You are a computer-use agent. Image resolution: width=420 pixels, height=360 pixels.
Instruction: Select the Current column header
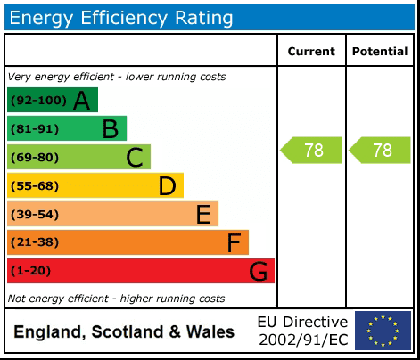click(x=311, y=52)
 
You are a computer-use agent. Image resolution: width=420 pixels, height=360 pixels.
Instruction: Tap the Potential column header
click(x=379, y=52)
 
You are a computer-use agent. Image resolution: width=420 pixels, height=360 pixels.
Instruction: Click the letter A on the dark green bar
click(x=81, y=101)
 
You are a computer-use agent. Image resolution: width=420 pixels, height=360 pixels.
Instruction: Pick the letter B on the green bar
click(x=110, y=129)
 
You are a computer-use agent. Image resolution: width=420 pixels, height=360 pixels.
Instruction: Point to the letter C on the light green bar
click(x=135, y=158)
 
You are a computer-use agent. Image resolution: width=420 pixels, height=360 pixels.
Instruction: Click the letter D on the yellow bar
click(x=167, y=186)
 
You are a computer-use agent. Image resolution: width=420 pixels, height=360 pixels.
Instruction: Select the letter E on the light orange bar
click(x=203, y=215)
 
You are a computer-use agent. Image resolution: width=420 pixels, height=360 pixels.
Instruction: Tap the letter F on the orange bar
click(x=234, y=243)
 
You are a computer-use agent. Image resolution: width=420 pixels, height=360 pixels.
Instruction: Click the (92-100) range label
click(x=38, y=101)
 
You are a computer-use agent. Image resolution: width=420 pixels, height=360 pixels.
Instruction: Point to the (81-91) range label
click(x=35, y=129)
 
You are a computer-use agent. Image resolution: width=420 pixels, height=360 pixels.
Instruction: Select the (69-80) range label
click(x=35, y=158)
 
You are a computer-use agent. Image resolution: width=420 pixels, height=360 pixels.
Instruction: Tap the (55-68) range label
click(x=35, y=186)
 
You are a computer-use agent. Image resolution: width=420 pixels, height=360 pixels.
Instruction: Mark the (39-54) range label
click(x=35, y=215)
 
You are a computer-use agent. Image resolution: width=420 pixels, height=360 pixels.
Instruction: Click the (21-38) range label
click(x=35, y=243)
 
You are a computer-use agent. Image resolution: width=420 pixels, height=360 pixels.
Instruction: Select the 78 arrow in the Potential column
click(x=380, y=151)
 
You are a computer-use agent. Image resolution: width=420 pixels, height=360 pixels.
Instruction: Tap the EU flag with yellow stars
click(x=383, y=331)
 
